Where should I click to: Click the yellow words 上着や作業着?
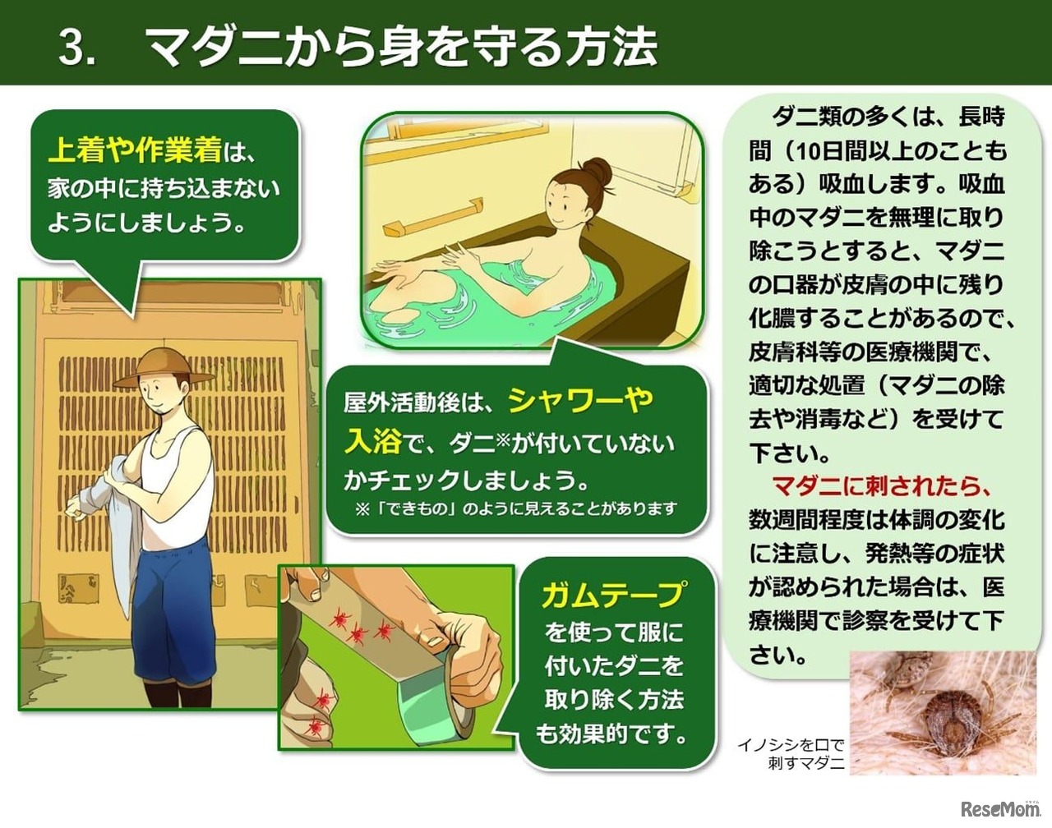[135, 150]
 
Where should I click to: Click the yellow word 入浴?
[372, 443]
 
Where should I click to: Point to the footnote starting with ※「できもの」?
[515, 509]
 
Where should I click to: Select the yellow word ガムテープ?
[612, 594]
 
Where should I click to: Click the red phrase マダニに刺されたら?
[882, 487]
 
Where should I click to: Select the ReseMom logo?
[999, 808]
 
